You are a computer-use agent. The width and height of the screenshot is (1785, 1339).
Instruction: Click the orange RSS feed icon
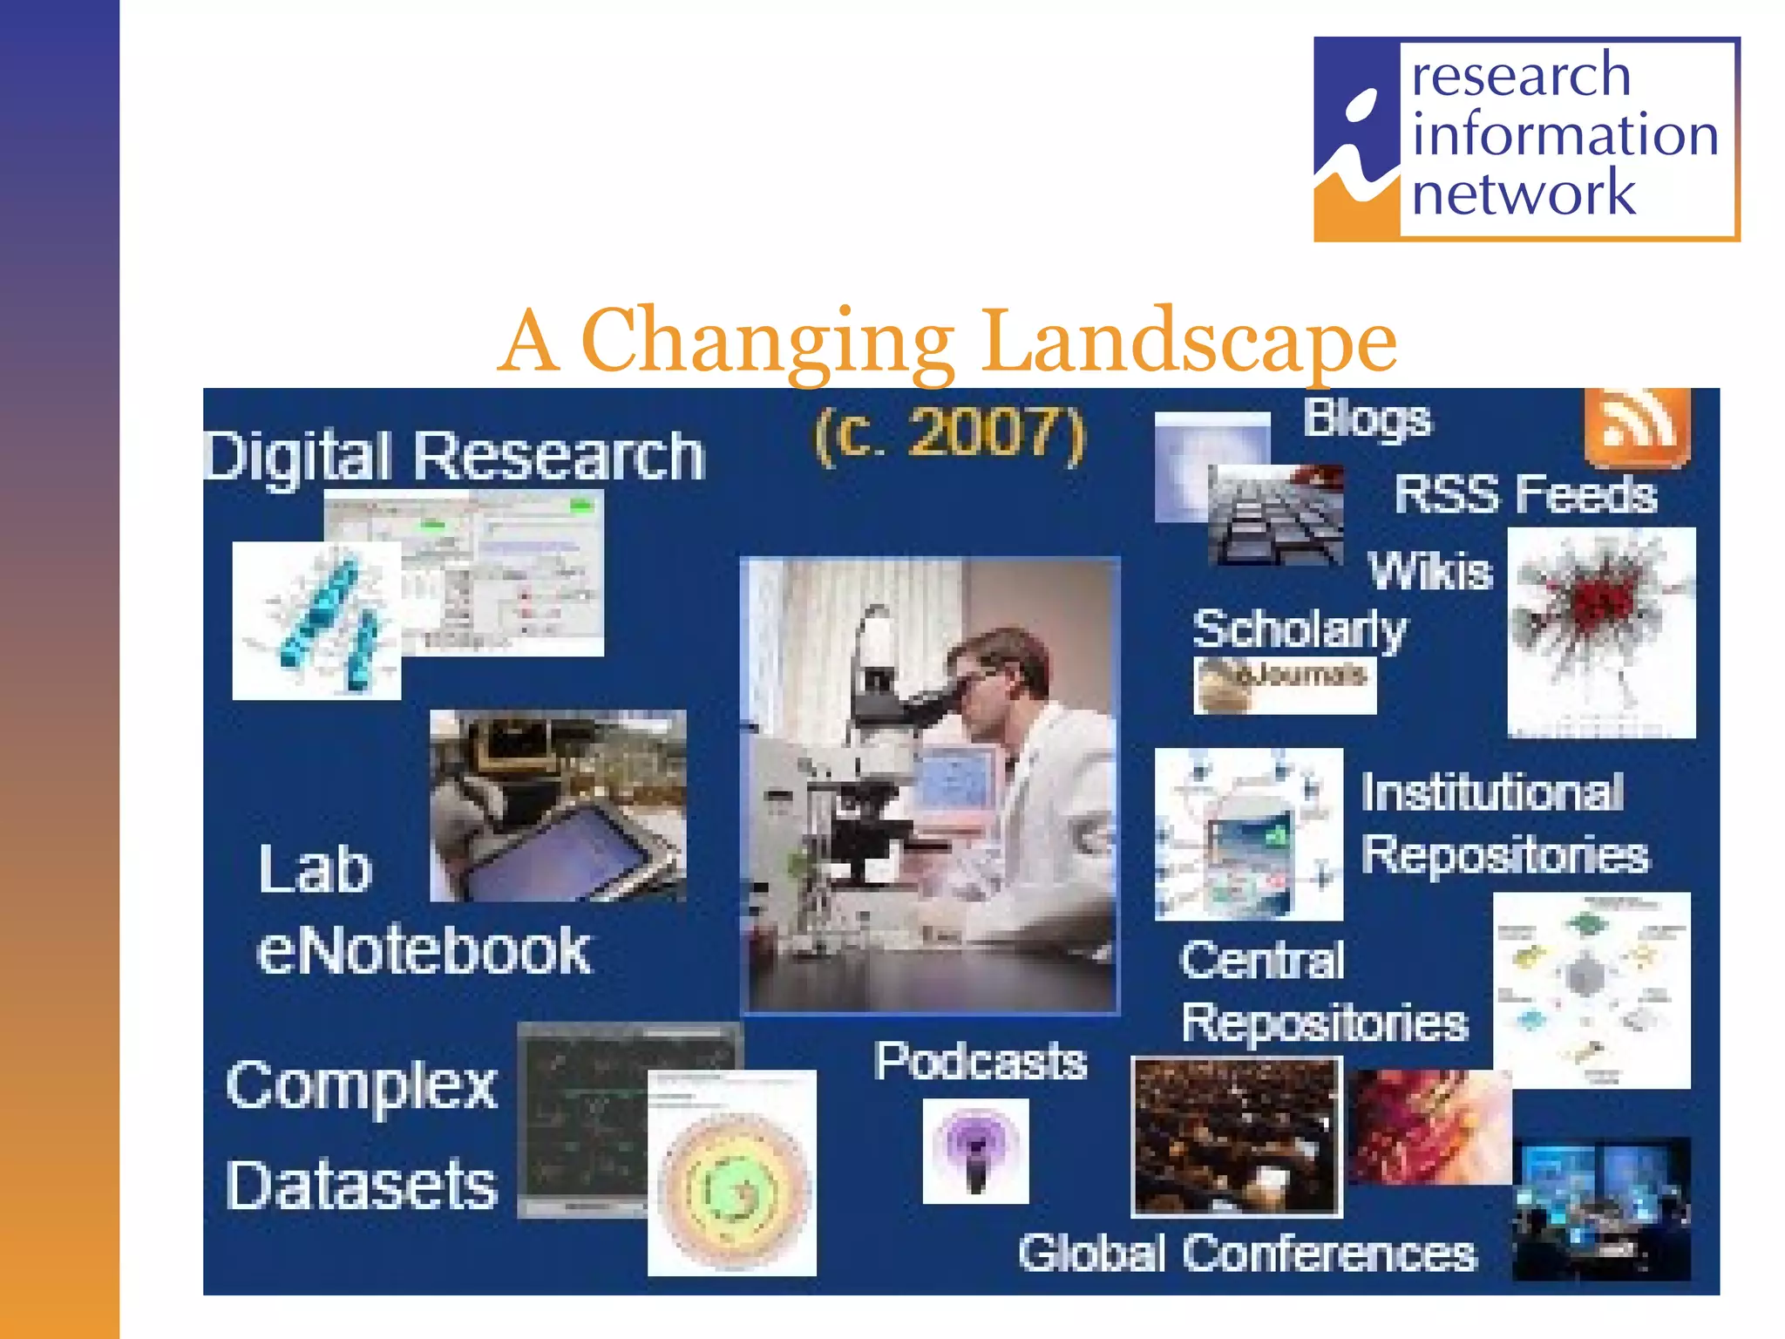point(1637,427)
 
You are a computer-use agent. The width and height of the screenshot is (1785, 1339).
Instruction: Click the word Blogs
point(1367,420)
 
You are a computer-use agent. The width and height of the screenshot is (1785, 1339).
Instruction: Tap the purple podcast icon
point(975,1150)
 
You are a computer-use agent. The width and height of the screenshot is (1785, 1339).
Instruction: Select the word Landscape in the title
point(1189,342)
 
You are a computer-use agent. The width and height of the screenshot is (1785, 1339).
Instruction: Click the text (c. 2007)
point(950,434)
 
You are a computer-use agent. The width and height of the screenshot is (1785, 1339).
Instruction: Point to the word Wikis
point(1430,572)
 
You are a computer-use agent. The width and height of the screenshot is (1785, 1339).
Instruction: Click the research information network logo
point(1526,139)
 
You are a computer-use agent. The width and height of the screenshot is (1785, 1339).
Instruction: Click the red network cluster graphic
point(1601,632)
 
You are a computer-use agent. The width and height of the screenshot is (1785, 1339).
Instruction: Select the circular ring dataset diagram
point(732,1172)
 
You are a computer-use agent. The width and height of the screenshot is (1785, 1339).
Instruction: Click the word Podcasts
point(981,1062)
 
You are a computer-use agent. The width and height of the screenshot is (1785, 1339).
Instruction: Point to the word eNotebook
point(424,950)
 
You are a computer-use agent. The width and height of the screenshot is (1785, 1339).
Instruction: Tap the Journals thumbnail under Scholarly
point(1285,685)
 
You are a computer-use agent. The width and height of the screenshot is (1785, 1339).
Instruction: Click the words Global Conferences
point(1247,1254)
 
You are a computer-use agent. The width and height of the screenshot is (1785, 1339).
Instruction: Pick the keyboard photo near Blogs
point(1275,515)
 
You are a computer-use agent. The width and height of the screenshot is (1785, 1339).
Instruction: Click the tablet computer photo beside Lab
point(558,805)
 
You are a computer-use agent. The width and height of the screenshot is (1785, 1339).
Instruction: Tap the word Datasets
point(361,1186)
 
